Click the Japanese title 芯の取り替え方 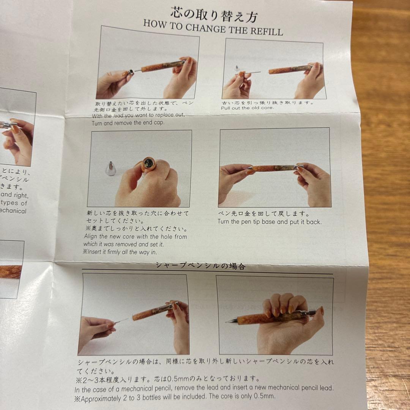click(214, 15)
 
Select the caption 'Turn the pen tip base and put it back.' click(269, 222)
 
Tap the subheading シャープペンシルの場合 click(200, 266)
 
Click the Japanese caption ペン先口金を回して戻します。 click(263, 214)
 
